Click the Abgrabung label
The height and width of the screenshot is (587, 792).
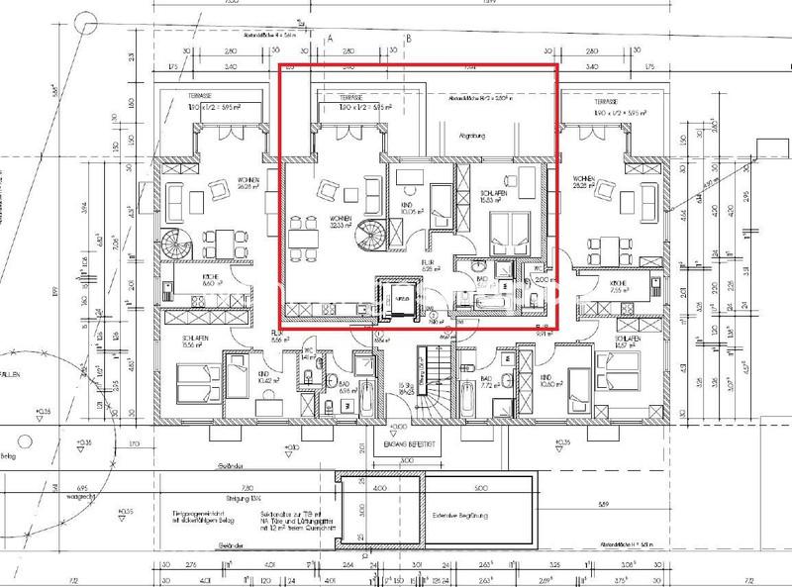[468, 138]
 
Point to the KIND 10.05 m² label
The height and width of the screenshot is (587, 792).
[406, 208]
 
